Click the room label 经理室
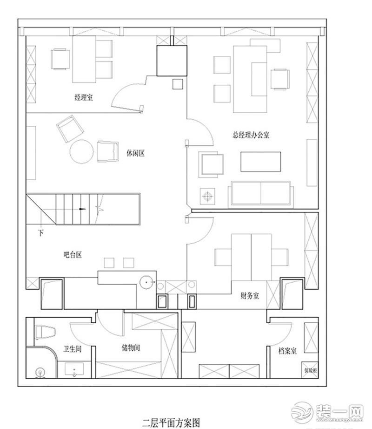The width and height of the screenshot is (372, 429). pyautogui.click(x=84, y=98)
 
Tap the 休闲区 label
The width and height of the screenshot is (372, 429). pyautogui.click(x=136, y=153)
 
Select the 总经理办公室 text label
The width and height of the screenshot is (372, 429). pyautogui.click(x=251, y=135)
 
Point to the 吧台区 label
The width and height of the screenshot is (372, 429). pyautogui.click(x=73, y=254)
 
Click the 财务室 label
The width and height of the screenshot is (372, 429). pyautogui.click(x=250, y=295)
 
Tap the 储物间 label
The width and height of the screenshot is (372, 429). pyautogui.click(x=131, y=348)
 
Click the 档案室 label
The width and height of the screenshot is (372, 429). pyautogui.click(x=288, y=351)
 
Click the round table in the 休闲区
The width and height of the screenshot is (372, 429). pyautogui.click(x=82, y=152)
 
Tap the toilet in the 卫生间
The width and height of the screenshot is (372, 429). pyautogui.click(x=46, y=333)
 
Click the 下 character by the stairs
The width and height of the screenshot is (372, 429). pyautogui.click(x=41, y=233)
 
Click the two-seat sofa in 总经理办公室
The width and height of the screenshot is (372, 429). pyautogui.click(x=260, y=195)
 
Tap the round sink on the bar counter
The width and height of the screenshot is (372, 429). pyautogui.click(x=147, y=282)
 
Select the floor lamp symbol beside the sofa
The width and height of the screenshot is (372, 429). pyautogui.click(x=207, y=196)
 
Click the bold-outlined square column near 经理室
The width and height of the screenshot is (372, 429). pyautogui.click(x=172, y=60)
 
